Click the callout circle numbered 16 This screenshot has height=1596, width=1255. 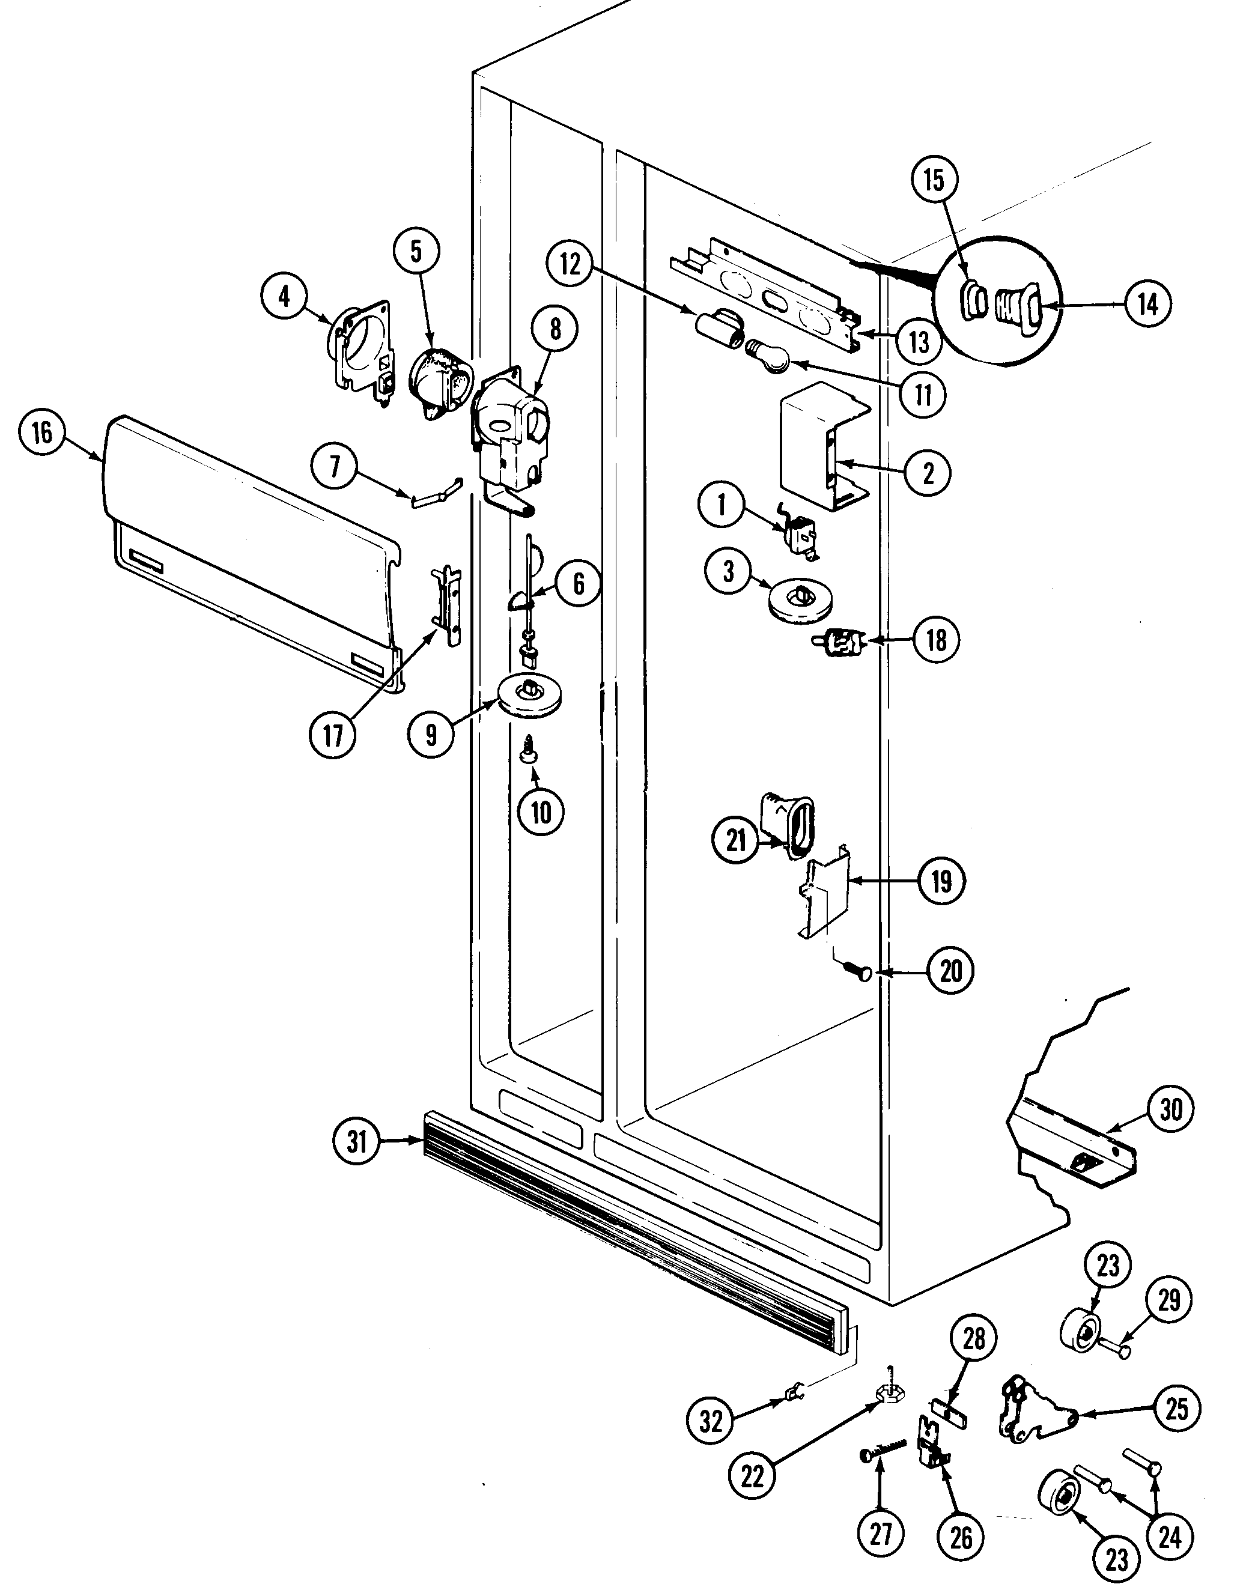tap(42, 432)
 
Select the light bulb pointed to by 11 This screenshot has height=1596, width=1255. tap(770, 356)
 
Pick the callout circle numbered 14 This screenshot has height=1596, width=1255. tap(1147, 303)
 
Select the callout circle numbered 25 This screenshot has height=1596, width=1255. tap(1176, 1409)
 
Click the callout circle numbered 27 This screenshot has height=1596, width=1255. tap(880, 1533)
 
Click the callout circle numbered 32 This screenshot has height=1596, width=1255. tap(711, 1421)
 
